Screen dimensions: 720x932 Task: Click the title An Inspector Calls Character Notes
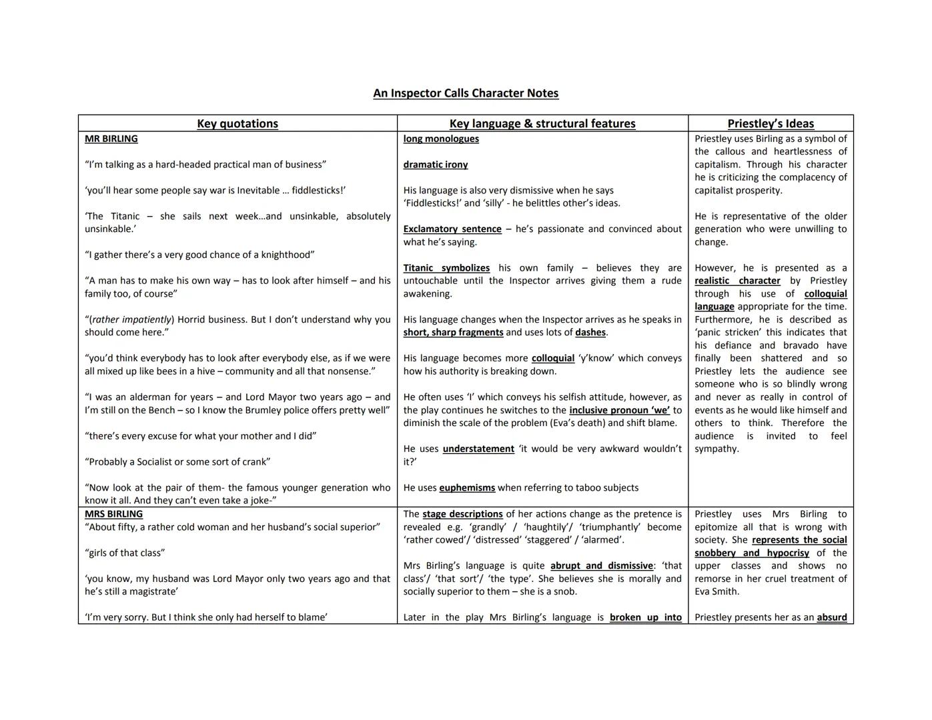(x=466, y=93)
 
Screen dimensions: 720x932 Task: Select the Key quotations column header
(x=238, y=123)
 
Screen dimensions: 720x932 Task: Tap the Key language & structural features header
(x=542, y=123)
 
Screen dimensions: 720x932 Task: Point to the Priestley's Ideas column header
(x=771, y=123)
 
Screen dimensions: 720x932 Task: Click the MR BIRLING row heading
(x=111, y=139)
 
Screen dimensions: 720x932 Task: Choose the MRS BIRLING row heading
(x=113, y=514)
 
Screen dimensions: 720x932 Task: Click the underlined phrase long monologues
(x=441, y=139)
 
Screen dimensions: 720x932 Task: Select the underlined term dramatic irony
(x=436, y=165)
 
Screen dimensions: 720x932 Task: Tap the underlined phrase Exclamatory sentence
(x=452, y=229)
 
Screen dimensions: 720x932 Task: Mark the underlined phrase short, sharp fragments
(x=453, y=332)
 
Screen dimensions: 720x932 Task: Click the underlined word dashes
(x=590, y=332)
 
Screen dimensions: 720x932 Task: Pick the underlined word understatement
(x=478, y=449)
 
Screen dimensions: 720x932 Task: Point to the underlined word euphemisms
(x=467, y=487)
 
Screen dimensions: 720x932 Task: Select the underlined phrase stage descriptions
(x=462, y=514)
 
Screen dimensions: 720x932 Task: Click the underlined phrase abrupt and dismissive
(x=601, y=565)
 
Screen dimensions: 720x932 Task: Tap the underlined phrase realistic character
(x=737, y=281)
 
